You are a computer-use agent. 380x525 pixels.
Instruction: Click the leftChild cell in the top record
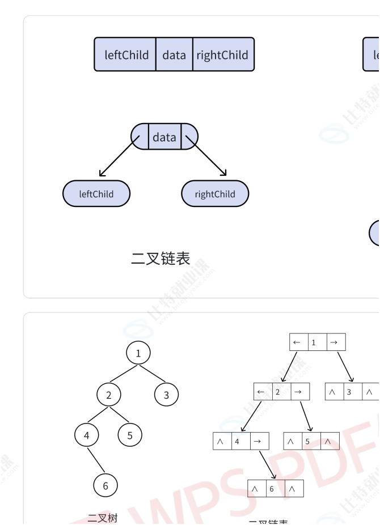point(126,55)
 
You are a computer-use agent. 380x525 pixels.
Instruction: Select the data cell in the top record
point(174,55)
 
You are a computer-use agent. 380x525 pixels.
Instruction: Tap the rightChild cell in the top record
point(222,55)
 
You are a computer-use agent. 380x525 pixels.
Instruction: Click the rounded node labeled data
point(164,137)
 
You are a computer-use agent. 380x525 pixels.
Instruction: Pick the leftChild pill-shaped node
point(96,194)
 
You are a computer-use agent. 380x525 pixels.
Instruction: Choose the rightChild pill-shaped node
point(215,194)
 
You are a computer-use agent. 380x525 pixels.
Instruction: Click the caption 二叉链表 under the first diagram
point(161,259)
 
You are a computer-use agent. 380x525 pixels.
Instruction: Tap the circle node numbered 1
point(138,354)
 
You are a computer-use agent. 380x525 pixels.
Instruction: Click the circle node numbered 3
point(166,395)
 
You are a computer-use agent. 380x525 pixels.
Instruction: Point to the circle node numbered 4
point(86,435)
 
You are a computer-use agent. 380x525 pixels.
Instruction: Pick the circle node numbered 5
point(130,435)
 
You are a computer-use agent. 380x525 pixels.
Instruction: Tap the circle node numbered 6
point(105,485)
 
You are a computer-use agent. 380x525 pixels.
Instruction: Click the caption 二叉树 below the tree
point(103,518)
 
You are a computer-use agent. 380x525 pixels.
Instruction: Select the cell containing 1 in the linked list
point(314,342)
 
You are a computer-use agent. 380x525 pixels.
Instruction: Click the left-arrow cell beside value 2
point(261,392)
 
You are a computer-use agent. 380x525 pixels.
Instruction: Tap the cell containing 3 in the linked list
point(349,392)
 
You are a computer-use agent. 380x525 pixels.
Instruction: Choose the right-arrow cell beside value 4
point(257,441)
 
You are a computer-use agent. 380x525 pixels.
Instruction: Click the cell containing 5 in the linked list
point(307,441)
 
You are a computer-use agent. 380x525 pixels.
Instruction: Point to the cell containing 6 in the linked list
point(272,488)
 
